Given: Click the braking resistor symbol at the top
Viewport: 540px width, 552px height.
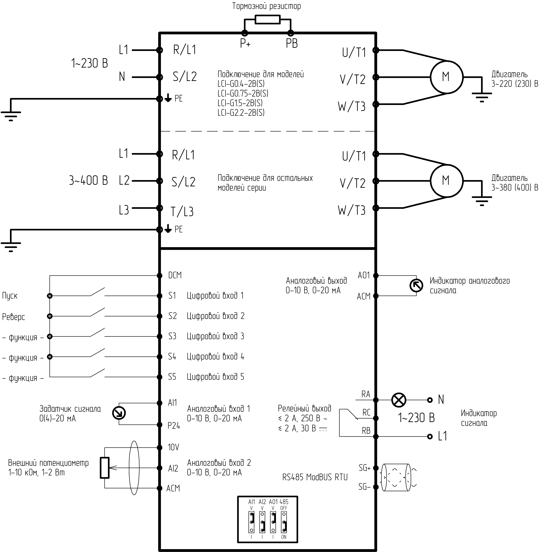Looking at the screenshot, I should (267, 20).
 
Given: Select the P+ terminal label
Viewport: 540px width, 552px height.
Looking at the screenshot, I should (245, 43).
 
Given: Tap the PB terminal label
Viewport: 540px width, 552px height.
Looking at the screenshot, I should (292, 43).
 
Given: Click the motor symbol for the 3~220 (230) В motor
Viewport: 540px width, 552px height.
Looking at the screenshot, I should (446, 77).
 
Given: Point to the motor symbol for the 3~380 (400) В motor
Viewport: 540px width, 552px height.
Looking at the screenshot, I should (446, 180).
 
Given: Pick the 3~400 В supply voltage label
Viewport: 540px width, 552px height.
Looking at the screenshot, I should (88, 180).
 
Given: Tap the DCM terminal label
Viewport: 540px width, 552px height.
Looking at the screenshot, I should (175, 275).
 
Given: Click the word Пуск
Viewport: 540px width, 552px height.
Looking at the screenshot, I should (10, 296).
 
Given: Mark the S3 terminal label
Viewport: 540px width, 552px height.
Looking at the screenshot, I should (172, 336).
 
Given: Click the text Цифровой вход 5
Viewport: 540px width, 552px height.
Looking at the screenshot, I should (215, 377).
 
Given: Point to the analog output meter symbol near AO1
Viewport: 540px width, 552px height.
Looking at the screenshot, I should (416, 286).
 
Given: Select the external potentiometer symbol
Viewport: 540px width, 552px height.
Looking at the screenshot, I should (105, 468).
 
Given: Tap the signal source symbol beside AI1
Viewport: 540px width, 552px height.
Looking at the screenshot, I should (119, 413).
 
